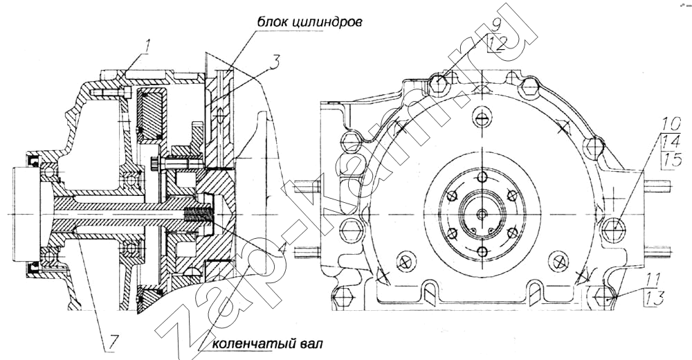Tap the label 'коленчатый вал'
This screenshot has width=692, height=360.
pyautogui.click(x=267, y=343)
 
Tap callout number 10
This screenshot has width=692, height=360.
pyautogui.click(x=668, y=127)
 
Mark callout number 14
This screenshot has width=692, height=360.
pyautogui.click(x=668, y=143)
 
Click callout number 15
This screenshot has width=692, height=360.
pyautogui.click(x=668, y=161)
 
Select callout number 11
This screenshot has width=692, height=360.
pyautogui.click(x=653, y=280)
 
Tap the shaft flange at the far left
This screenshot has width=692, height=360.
pyautogui.click(x=22, y=214)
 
